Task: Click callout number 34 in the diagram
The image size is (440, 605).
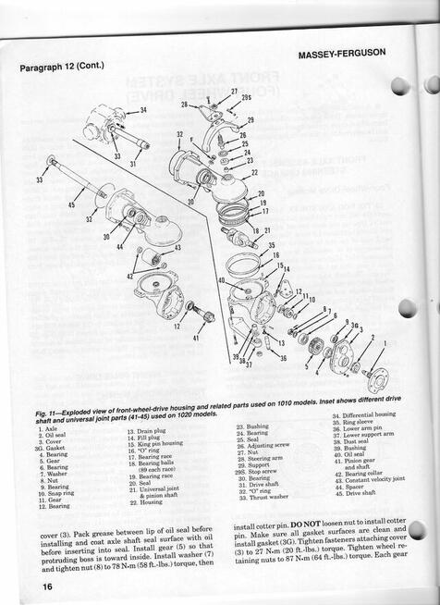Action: click(143, 111)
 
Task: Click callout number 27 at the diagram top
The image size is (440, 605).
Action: click(234, 92)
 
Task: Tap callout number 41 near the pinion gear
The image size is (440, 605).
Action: click(196, 338)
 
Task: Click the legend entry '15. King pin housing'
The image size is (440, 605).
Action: click(158, 445)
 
